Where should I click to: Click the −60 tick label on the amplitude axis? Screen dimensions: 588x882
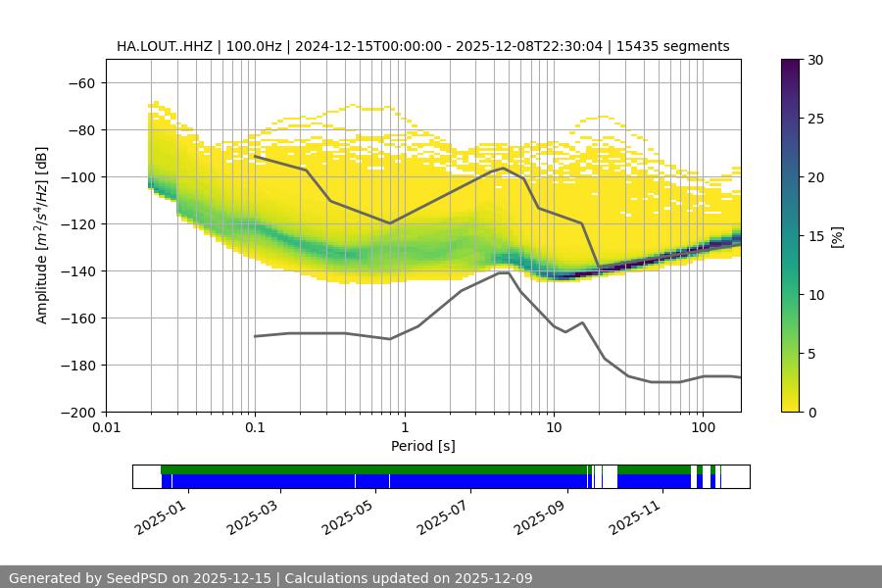click(80, 82)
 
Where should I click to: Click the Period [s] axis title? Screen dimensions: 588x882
click(423, 446)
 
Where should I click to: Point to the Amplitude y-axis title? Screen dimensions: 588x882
click(41, 235)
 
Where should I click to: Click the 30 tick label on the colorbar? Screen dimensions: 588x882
click(815, 60)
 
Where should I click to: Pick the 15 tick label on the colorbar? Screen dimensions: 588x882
click(815, 236)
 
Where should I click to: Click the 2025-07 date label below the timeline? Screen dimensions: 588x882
click(443, 514)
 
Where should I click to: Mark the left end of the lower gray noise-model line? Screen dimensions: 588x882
click(255, 336)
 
